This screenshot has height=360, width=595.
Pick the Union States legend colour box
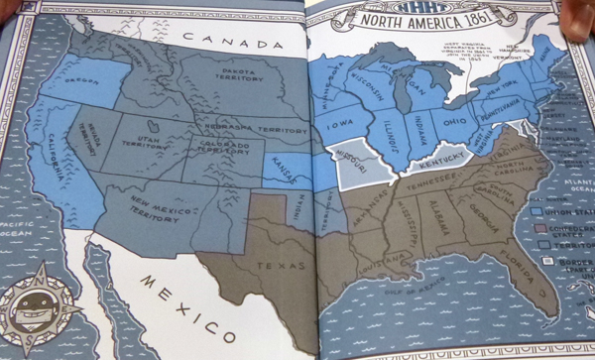[x=537, y=210]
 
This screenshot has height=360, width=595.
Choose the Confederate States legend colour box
[x=537, y=227]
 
